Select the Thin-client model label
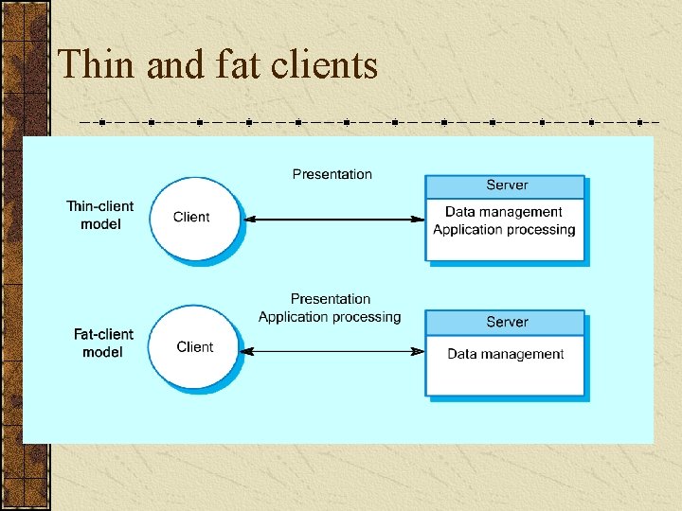pyautogui.click(x=99, y=215)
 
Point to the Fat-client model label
pyautogui.click(x=103, y=343)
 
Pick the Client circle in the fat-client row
pyautogui.click(x=194, y=347)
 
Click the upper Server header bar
pyautogui.click(x=506, y=185)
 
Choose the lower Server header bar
pyautogui.click(x=506, y=322)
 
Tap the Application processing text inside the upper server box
pyautogui.click(x=504, y=230)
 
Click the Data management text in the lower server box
pyautogui.click(x=505, y=355)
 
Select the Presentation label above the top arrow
pyautogui.click(x=332, y=174)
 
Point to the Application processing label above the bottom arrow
pyautogui.click(x=330, y=317)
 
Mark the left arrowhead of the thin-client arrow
pyautogui.click(x=251, y=220)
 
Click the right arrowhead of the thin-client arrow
pyautogui.click(x=417, y=220)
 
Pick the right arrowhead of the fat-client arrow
pyautogui.click(x=417, y=351)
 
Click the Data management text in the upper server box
pyautogui.click(x=503, y=213)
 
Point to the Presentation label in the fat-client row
pyautogui.click(x=330, y=299)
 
